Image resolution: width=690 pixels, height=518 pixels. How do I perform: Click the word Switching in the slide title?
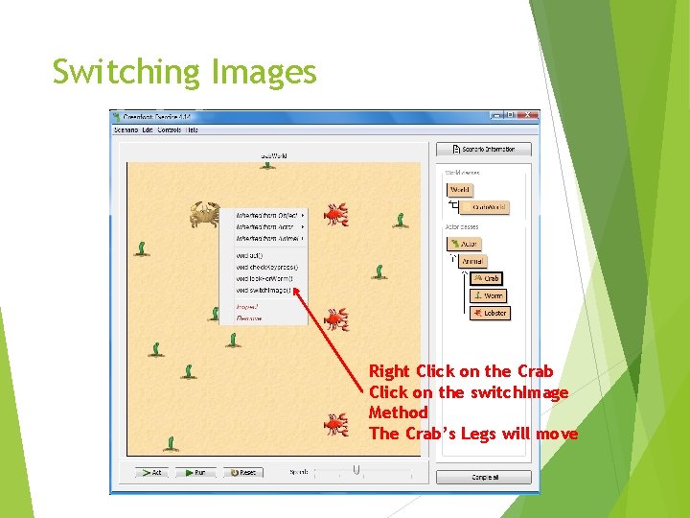pos(126,73)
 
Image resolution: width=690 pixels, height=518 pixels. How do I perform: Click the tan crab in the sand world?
pos(204,215)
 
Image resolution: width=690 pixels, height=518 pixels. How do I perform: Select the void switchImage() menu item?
pos(264,290)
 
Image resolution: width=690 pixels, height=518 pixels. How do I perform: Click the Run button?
pos(195,472)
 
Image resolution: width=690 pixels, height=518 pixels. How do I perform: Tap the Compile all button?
pos(484,477)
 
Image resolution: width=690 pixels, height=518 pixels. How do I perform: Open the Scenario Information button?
pos(484,150)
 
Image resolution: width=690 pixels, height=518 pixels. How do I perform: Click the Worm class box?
pos(489,295)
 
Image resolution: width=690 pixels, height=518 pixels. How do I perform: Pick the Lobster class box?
pos(490,313)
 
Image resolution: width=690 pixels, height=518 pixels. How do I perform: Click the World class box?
pos(460,190)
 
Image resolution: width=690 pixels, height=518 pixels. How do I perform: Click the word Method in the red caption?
pos(399,412)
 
